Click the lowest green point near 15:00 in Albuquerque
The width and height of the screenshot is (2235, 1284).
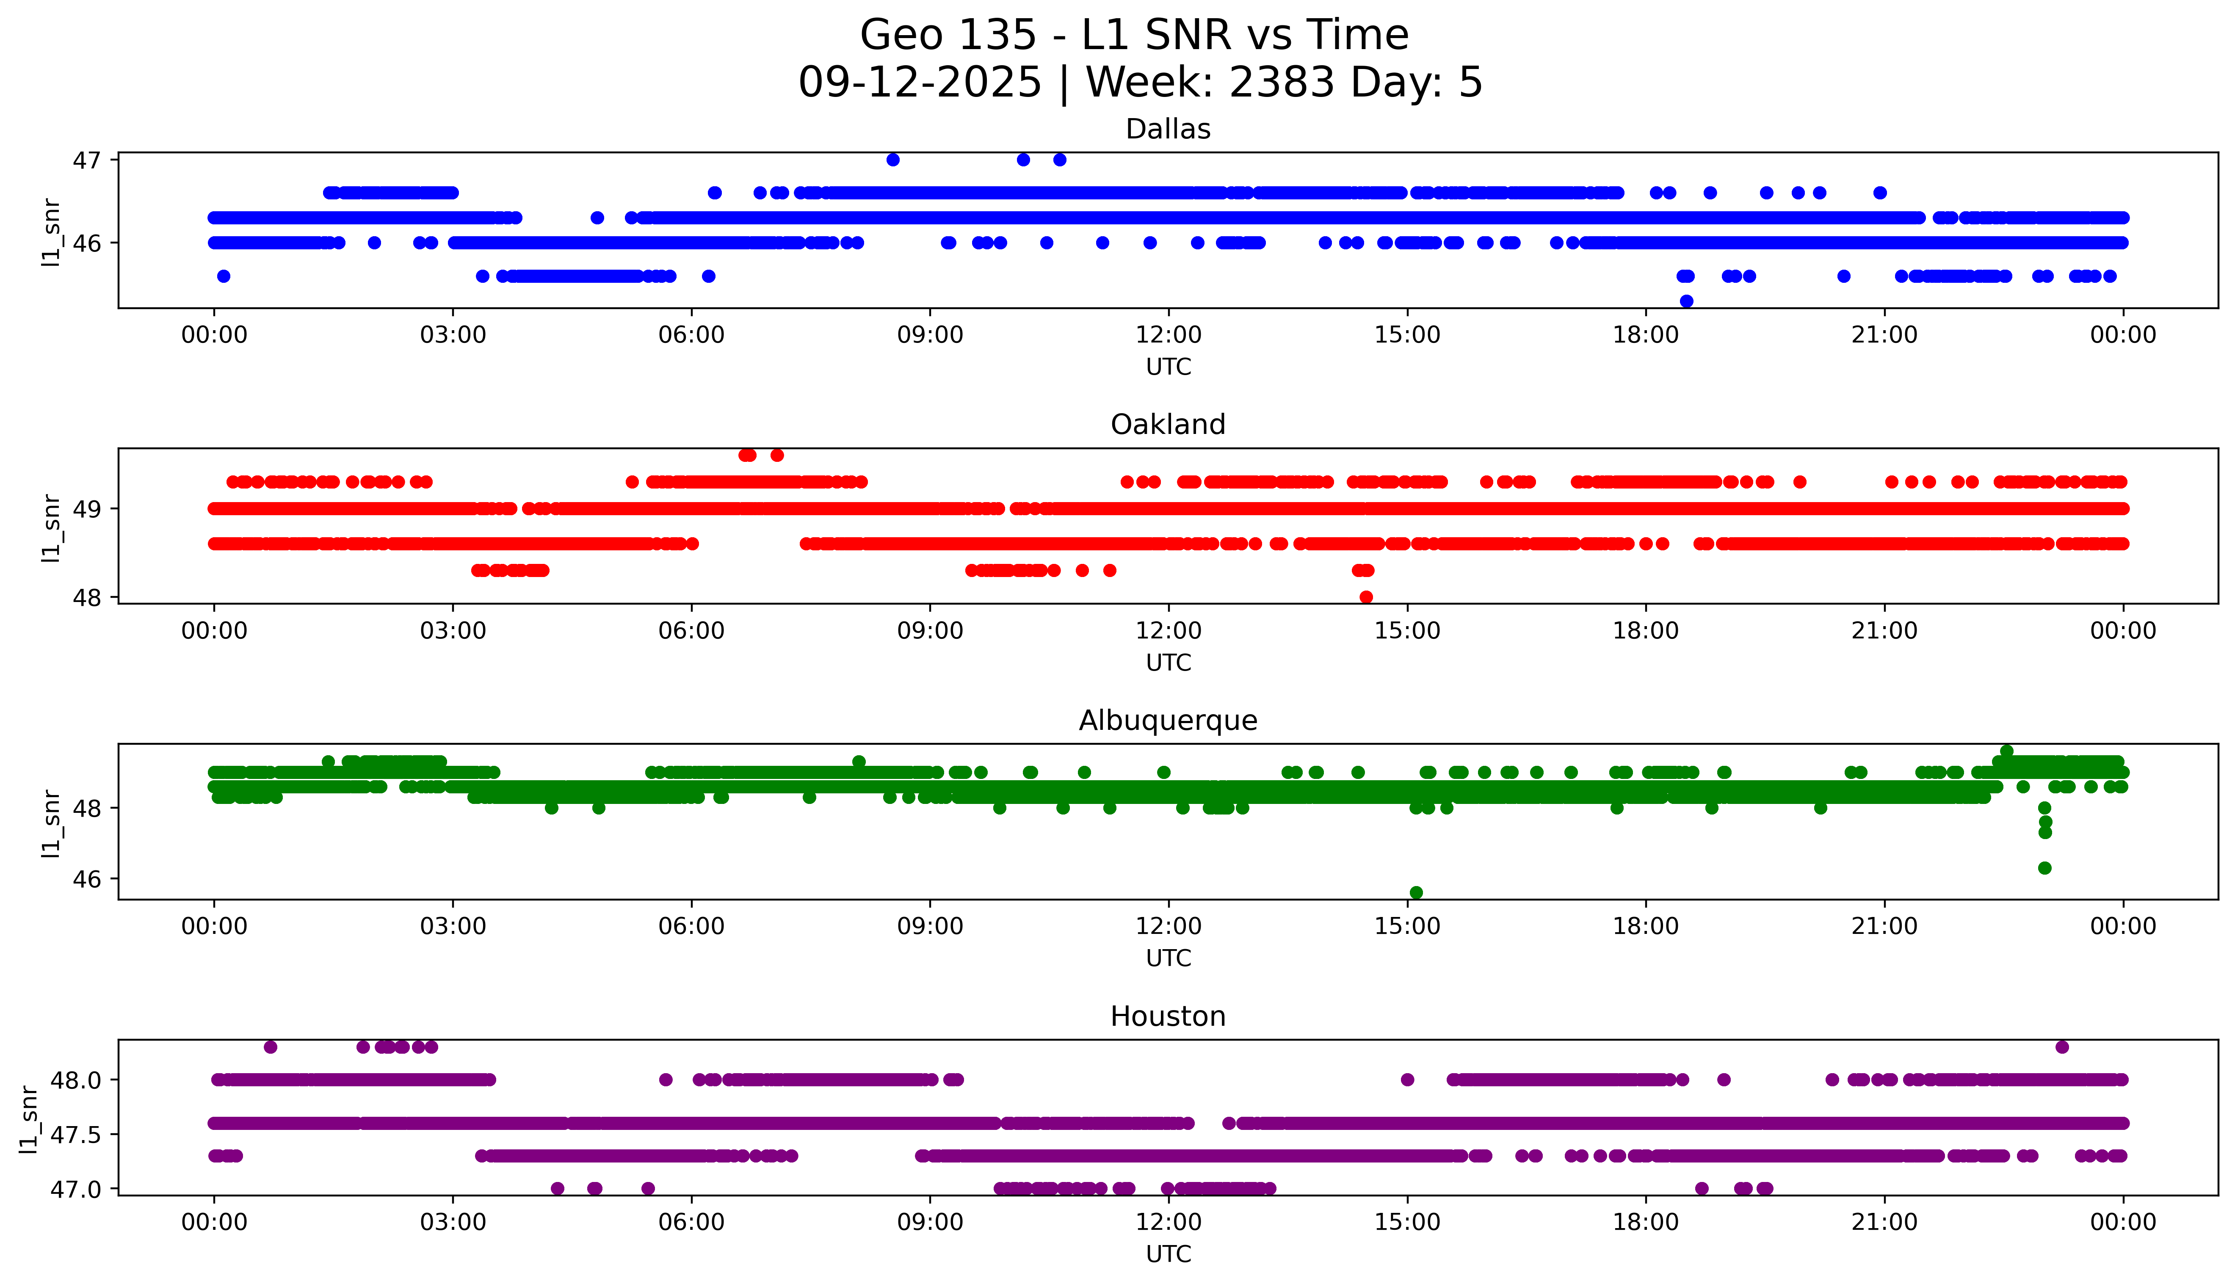click(x=1416, y=892)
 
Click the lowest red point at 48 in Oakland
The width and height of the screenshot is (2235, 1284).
click(x=1367, y=597)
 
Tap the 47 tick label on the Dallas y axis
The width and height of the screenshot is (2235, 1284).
click(x=87, y=160)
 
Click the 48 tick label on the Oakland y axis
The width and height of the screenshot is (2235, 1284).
click(x=87, y=598)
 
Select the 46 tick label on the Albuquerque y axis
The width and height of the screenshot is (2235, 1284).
click(x=87, y=879)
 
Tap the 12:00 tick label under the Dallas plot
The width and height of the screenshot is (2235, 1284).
click(x=1168, y=335)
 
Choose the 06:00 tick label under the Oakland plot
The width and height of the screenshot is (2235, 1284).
click(x=691, y=630)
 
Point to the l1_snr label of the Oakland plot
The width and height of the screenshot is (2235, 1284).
click(x=51, y=527)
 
